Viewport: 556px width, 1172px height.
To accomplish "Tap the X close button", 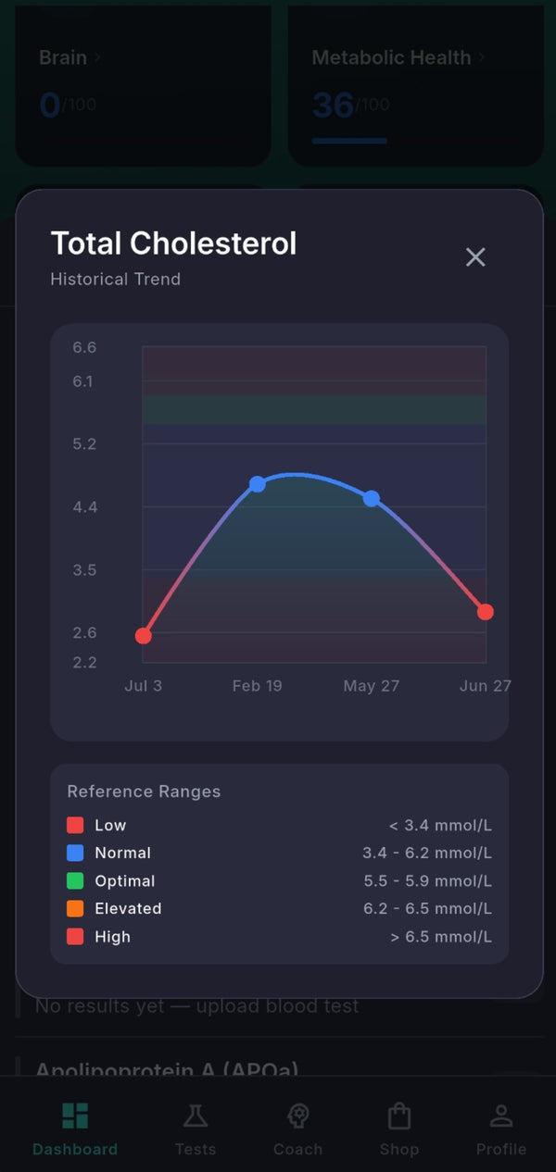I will tap(475, 257).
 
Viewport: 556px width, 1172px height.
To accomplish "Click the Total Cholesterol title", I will tap(173, 243).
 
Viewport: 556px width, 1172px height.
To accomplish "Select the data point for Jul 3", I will tap(143, 636).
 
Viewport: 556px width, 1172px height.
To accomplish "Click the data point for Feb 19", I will tap(258, 484).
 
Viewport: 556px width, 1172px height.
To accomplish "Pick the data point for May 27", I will tap(372, 498).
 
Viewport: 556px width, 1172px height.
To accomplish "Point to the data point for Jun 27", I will tap(486, 612).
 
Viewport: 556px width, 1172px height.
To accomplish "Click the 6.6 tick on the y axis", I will tap(84, 348).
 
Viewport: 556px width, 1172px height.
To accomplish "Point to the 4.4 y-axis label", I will tap(84, 507).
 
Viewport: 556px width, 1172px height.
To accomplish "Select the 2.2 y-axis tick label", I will tap(84, 663).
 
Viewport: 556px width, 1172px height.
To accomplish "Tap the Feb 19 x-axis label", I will tap(257, 686).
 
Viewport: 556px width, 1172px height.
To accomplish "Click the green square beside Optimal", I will tap(75, 881).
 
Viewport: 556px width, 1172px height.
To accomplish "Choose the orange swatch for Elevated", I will tap(75, 909).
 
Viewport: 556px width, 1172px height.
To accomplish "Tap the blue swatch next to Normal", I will tap(75, 854).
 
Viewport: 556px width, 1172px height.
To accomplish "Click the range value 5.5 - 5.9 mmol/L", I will tap(427, 881).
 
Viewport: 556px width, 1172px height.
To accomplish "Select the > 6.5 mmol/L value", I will tap(441, 937).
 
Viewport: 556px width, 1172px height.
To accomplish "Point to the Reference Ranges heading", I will tap(144, 792).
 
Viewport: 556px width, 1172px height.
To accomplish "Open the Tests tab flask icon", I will tap(196, 1116).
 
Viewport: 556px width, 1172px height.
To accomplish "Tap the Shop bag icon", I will tap(399, 1116).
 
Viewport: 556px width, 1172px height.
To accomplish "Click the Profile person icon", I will tap(501, 1116).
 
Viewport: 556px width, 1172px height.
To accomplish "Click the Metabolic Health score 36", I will tap(333, 106).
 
